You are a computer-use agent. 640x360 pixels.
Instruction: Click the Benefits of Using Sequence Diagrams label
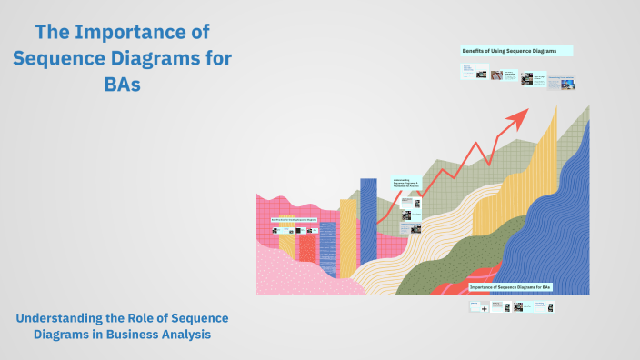coord(516,50)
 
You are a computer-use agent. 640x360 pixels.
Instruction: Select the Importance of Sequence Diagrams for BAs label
coord(510,287)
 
